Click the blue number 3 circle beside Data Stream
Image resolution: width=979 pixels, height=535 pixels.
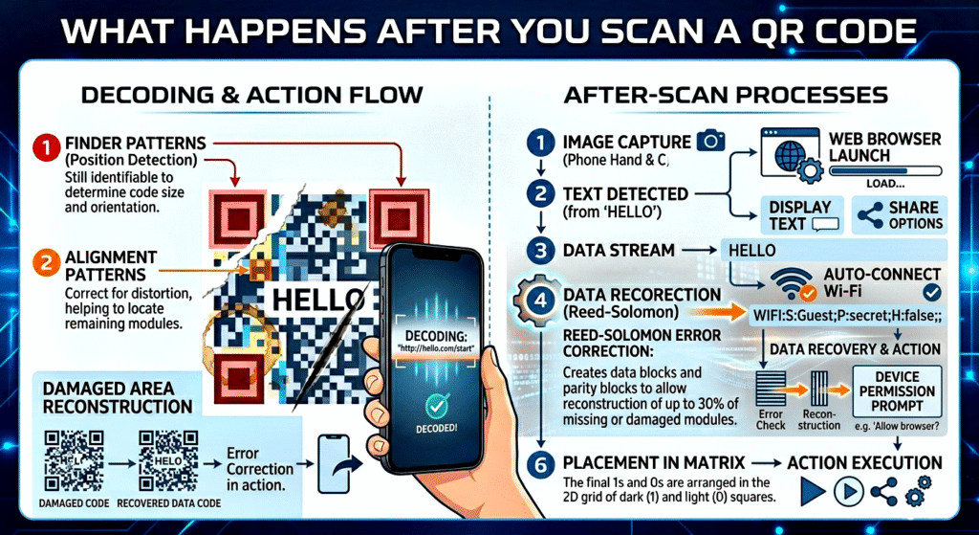[x=540, y=251]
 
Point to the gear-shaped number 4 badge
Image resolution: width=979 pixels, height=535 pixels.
[x=540, y=299]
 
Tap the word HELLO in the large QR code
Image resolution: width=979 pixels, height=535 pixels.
[x=308, y=301]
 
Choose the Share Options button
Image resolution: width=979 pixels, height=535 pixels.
[x=896, y=214]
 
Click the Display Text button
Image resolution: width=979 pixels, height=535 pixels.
[x=801, y=214]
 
